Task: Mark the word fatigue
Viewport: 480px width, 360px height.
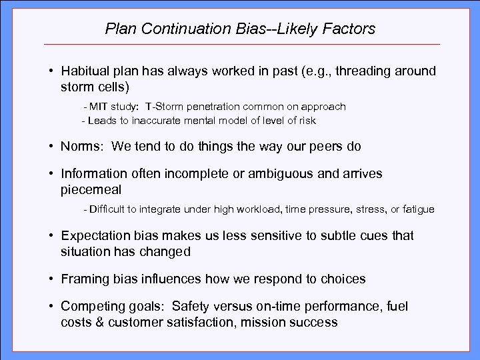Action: pyautogui.click(x=418, y=209)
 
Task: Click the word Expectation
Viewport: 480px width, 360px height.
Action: pyautogui.click(x=93, y=235)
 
